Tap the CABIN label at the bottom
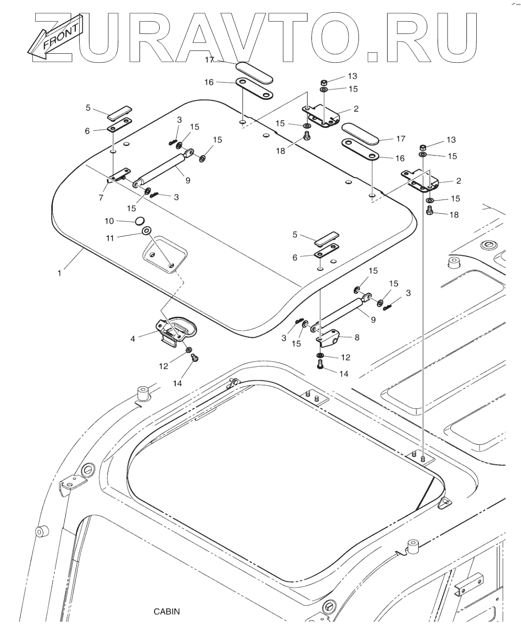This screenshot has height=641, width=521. pos(167,612)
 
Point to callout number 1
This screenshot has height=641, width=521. pos(59,272)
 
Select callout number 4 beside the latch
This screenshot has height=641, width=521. pos(133,338)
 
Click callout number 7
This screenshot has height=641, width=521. pos(101,198)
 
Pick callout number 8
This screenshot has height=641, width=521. pos(357,337)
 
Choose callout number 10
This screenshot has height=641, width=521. pos(109,221)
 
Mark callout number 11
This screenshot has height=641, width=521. pos(109,238)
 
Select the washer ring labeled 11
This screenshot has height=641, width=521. pos(146,231)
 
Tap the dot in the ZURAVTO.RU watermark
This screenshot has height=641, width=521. pos(373,56)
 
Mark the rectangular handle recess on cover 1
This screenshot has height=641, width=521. pos(165,253)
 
